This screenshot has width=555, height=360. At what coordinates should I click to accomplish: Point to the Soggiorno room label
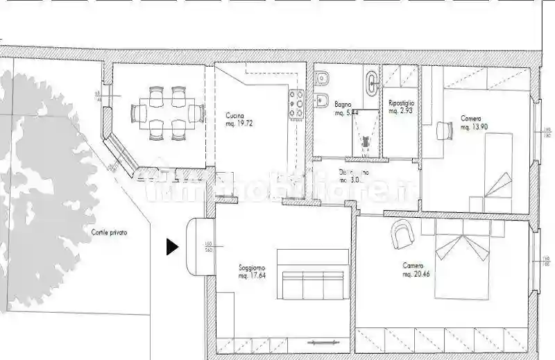(252, 267)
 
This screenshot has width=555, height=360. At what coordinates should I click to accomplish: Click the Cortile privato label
(109, 233)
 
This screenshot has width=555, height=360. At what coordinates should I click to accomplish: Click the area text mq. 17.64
(253, 276)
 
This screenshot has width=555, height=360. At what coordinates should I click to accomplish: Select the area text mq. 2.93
(401, 111)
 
